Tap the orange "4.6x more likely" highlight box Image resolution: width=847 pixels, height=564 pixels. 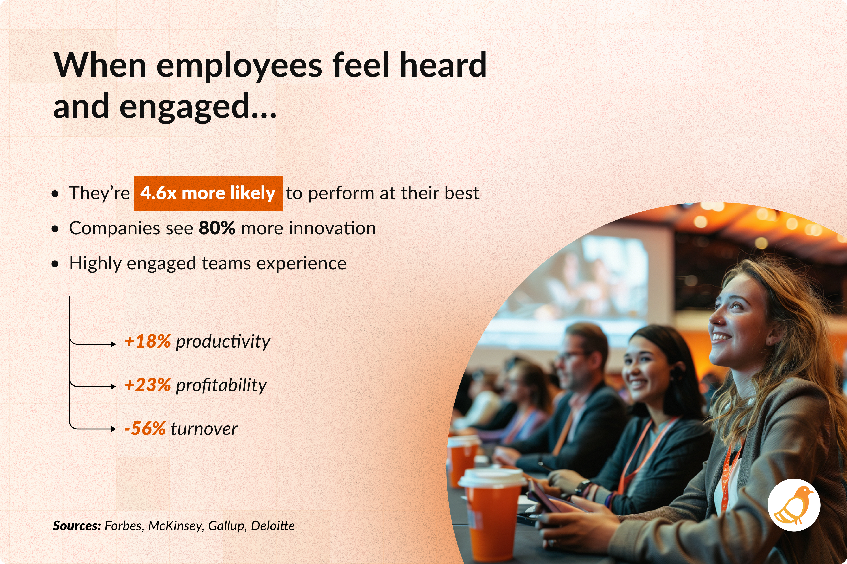coord(208,194)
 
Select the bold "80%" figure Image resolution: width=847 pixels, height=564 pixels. coord(217,228)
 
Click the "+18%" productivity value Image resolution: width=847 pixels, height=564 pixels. coord(147,341)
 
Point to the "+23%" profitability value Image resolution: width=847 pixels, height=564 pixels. coord(147,385)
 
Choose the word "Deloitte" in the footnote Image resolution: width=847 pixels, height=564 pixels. coord(273,526)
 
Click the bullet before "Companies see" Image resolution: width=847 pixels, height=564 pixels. coord(55,229)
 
